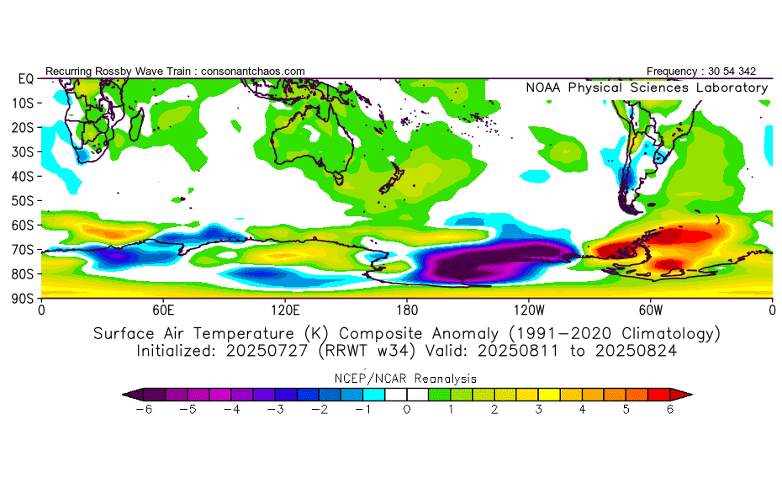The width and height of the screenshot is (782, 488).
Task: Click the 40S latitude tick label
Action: point(22,176)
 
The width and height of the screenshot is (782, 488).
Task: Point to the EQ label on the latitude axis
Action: point(25,78)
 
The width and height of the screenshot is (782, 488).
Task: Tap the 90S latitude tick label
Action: point(22,298)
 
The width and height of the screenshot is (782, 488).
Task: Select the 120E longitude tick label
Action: point(285,310)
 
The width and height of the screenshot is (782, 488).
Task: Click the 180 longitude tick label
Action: point(407,310)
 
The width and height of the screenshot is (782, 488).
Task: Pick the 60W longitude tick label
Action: point(650,310)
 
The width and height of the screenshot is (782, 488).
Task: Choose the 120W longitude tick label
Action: point(528,310)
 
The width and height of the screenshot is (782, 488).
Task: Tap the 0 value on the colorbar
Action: point(407,409)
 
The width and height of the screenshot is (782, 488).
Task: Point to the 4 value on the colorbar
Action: point(583,409)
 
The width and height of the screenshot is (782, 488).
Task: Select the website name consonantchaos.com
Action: point(253,71)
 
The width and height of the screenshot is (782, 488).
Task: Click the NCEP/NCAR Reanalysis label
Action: point(407,379)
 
